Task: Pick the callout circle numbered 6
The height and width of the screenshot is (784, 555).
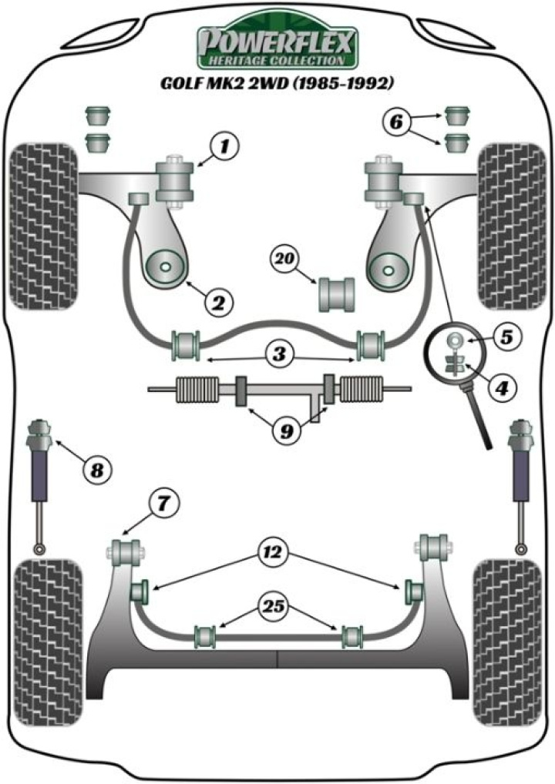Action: pyautogui.click(x=396, y=122)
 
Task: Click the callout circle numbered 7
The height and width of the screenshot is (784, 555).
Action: pyautogui.click(x=163, y=505)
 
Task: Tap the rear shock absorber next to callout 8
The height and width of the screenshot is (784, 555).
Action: pyautogui.click(x=39, y=462)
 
